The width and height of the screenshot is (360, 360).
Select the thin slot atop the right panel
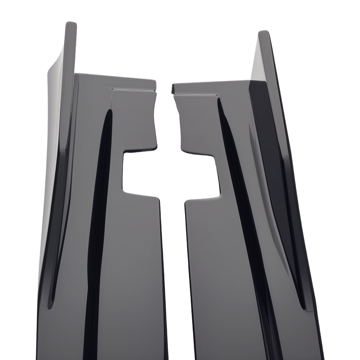[x=196, y=94]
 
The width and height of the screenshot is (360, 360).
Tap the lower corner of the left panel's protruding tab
[x=156, y=148]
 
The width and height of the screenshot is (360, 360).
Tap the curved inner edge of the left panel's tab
[x=153, y=115]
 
